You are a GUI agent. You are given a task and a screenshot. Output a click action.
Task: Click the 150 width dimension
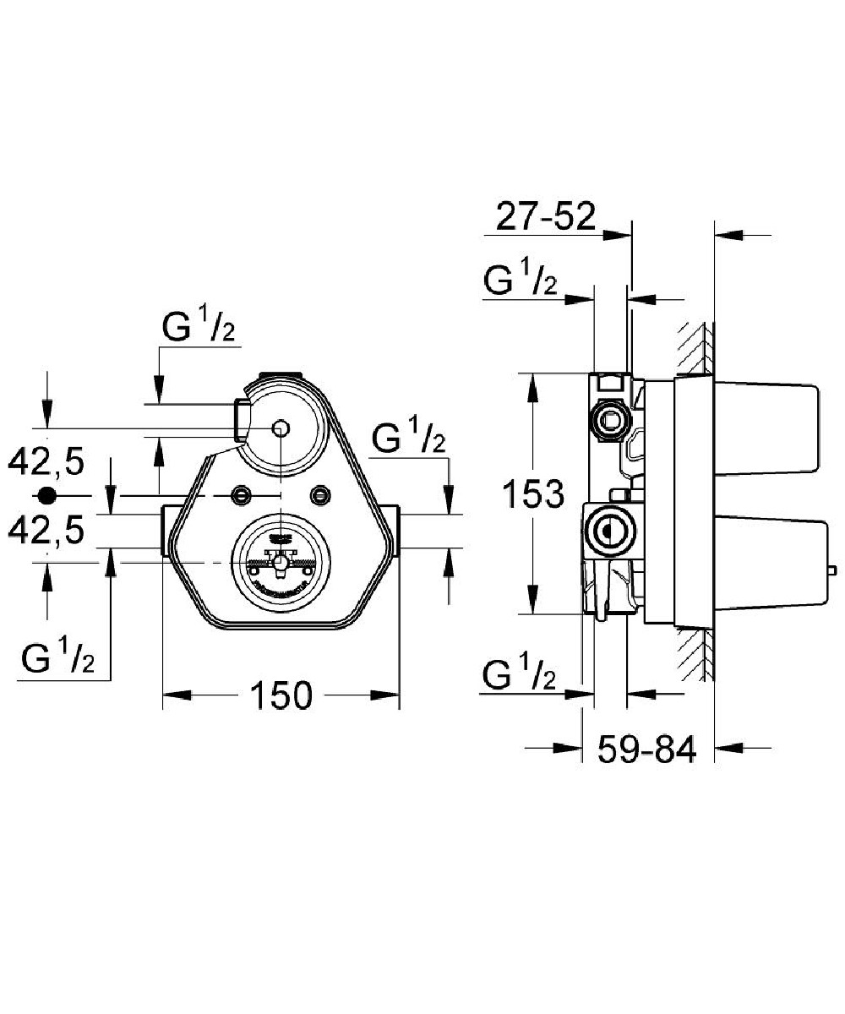point(281,695)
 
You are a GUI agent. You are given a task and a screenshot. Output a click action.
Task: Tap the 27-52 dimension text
point(544,217)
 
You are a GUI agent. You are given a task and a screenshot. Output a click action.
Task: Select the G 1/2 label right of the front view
point(409,439)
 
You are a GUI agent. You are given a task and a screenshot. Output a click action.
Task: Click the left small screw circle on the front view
point(243,493)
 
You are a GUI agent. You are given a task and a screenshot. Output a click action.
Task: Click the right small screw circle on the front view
point(319,493)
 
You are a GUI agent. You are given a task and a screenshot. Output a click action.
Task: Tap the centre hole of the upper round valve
point(281,428)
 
